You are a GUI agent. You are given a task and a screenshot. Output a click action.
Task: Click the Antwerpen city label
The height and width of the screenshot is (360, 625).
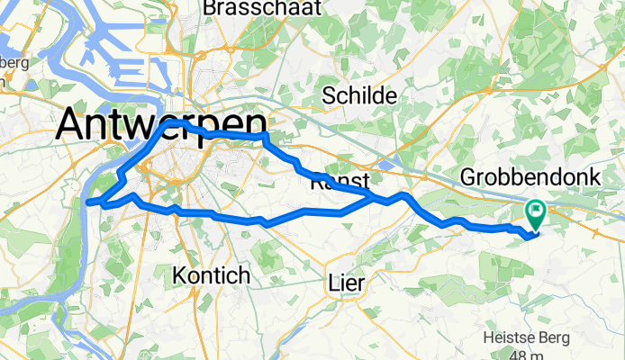(161, 126)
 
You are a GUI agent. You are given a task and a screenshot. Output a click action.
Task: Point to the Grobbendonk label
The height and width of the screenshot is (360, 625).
(530, 178)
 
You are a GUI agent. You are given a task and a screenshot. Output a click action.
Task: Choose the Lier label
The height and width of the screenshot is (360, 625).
(347, 283)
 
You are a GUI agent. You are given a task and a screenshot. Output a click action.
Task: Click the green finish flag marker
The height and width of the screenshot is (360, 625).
(536, 213)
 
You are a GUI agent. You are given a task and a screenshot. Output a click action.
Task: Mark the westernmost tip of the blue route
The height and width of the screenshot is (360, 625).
(87, 202)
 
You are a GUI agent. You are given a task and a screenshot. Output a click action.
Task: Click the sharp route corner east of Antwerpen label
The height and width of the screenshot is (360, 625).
(266, 136)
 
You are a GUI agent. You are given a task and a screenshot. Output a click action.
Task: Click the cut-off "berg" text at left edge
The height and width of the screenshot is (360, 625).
(14, 63)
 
